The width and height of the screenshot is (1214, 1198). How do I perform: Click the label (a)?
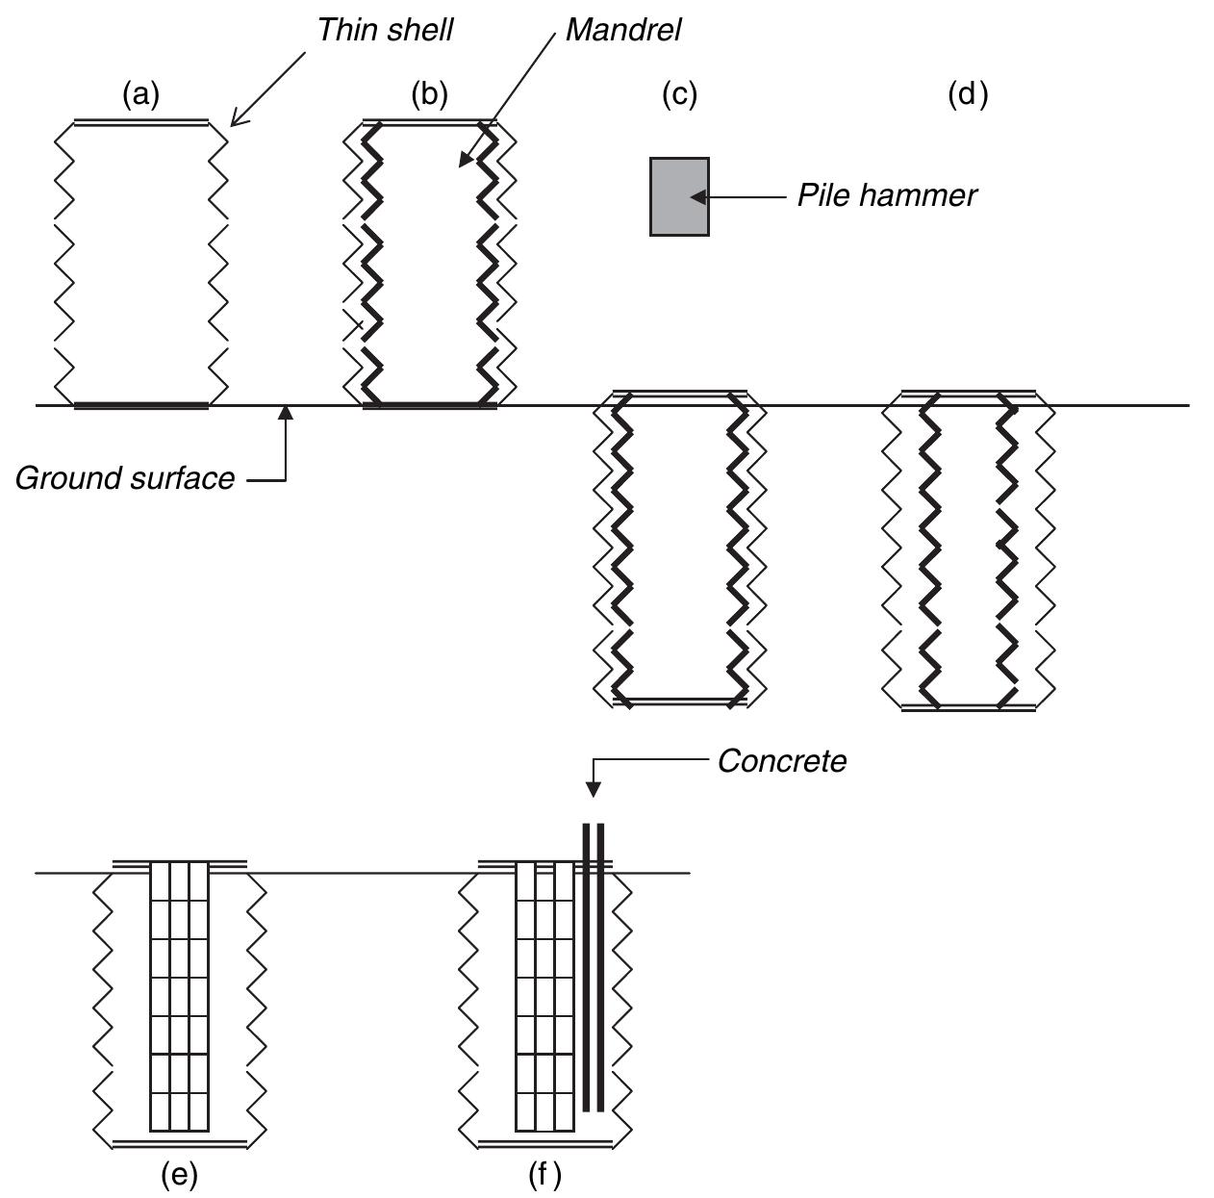point(140,94)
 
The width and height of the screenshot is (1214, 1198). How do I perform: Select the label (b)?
point(429,94)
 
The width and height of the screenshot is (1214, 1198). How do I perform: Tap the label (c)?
point(679,94)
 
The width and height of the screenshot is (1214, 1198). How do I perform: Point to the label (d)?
point(967,94)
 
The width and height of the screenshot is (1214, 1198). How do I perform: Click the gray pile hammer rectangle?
point(679,196)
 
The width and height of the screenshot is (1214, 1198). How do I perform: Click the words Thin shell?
point(385,30)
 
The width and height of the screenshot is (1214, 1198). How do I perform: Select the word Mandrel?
point(622,30)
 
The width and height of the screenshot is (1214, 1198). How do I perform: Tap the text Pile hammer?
point(886,195)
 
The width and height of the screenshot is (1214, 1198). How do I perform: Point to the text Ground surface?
point(125,478)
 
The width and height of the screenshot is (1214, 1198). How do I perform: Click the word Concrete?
point(782,761)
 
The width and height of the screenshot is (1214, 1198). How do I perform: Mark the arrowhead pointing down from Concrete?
point(594,789)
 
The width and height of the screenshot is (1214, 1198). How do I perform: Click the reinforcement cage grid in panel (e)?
point(179,996)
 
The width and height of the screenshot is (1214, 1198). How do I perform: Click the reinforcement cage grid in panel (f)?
point(544,996)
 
